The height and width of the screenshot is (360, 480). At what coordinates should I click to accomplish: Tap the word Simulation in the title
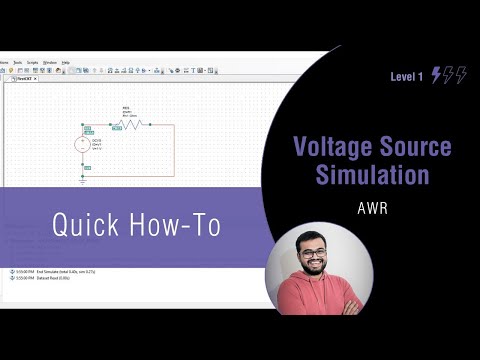372,176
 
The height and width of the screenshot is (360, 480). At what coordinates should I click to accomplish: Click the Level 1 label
407,77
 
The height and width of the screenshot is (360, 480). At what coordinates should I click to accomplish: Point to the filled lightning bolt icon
437,76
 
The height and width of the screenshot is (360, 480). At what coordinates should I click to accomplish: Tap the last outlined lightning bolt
461,76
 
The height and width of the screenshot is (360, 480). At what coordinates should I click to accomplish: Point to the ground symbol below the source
84,180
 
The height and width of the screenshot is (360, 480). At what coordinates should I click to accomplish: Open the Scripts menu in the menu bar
32,62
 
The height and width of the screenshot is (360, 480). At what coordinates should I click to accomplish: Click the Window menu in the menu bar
50,62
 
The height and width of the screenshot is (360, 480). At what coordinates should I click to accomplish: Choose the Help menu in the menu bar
66,62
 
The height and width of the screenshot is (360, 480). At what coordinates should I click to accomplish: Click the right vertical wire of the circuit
174,150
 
